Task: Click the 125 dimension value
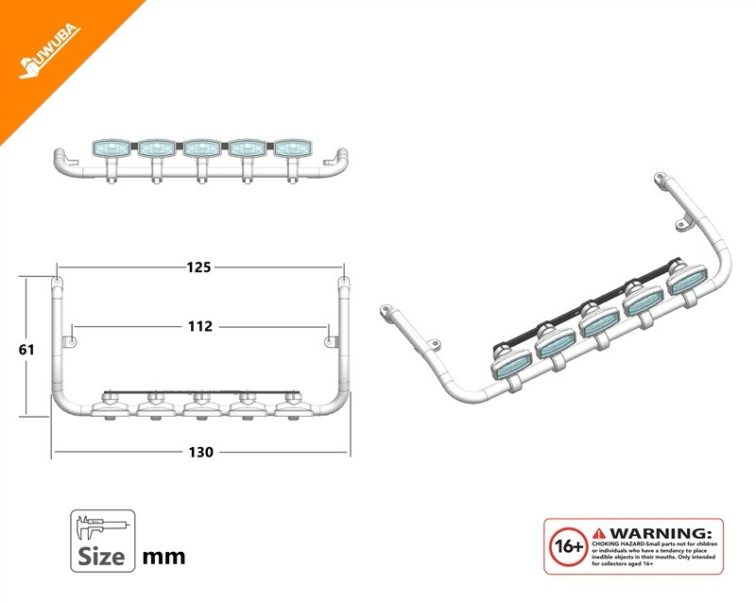198,267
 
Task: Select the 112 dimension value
200,326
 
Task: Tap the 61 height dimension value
26,349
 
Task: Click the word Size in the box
102,555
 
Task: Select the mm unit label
163,556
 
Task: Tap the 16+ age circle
568,547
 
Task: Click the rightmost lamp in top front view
293,147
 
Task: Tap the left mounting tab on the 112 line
69,338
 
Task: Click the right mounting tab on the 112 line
330,338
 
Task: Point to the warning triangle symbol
599,533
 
